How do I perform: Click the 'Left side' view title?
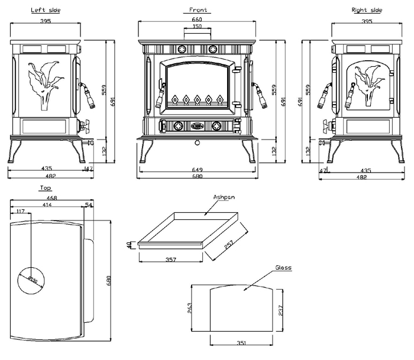click(x=45, y=10)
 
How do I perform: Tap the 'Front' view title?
click(x=198, y=10)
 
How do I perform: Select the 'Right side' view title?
click(x=367, y=10)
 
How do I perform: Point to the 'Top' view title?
click(x=45, y=188)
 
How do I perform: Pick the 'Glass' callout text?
click(x=283, y=268)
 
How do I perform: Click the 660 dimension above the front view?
click(x=197, y=20)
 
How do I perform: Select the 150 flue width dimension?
click(x=197, y=27)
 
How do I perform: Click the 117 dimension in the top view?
click(x=21, y=212)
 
